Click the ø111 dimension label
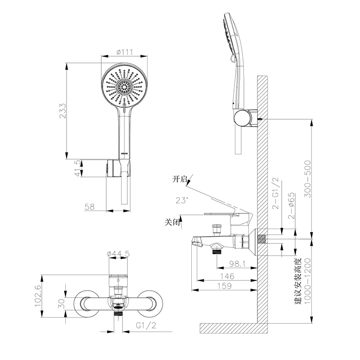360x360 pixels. click(125, 52)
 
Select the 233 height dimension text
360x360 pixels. click(63, 111)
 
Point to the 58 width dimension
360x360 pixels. click(90, 207)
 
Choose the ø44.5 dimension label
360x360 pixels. click(118, 254)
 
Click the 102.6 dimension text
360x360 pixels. click(38, 296)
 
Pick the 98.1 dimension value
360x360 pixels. click(238, 264)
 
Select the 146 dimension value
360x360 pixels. click(227, 276)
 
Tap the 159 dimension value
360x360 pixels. click(225, 286)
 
